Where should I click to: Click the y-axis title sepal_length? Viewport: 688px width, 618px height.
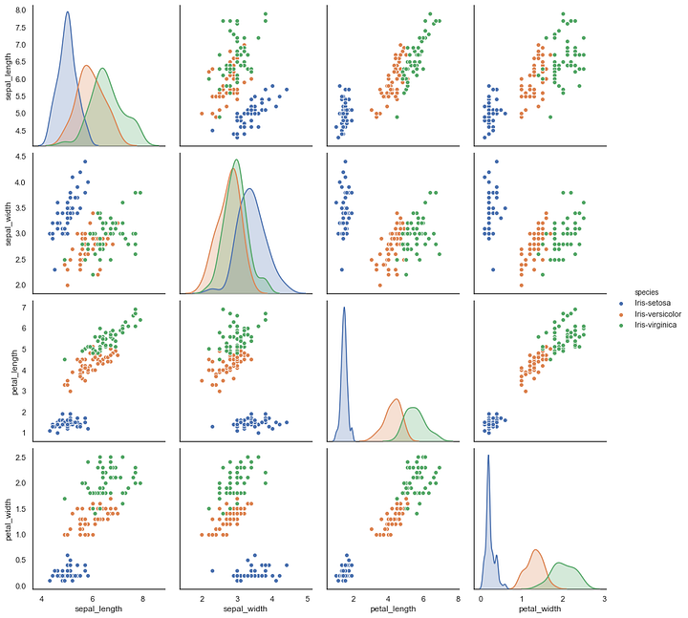point(8,76)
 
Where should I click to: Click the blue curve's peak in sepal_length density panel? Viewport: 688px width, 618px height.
point(67,12)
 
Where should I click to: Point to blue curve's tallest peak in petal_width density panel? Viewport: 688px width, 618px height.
point(488,456)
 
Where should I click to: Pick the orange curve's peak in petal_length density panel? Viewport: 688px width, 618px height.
point(396,399)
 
